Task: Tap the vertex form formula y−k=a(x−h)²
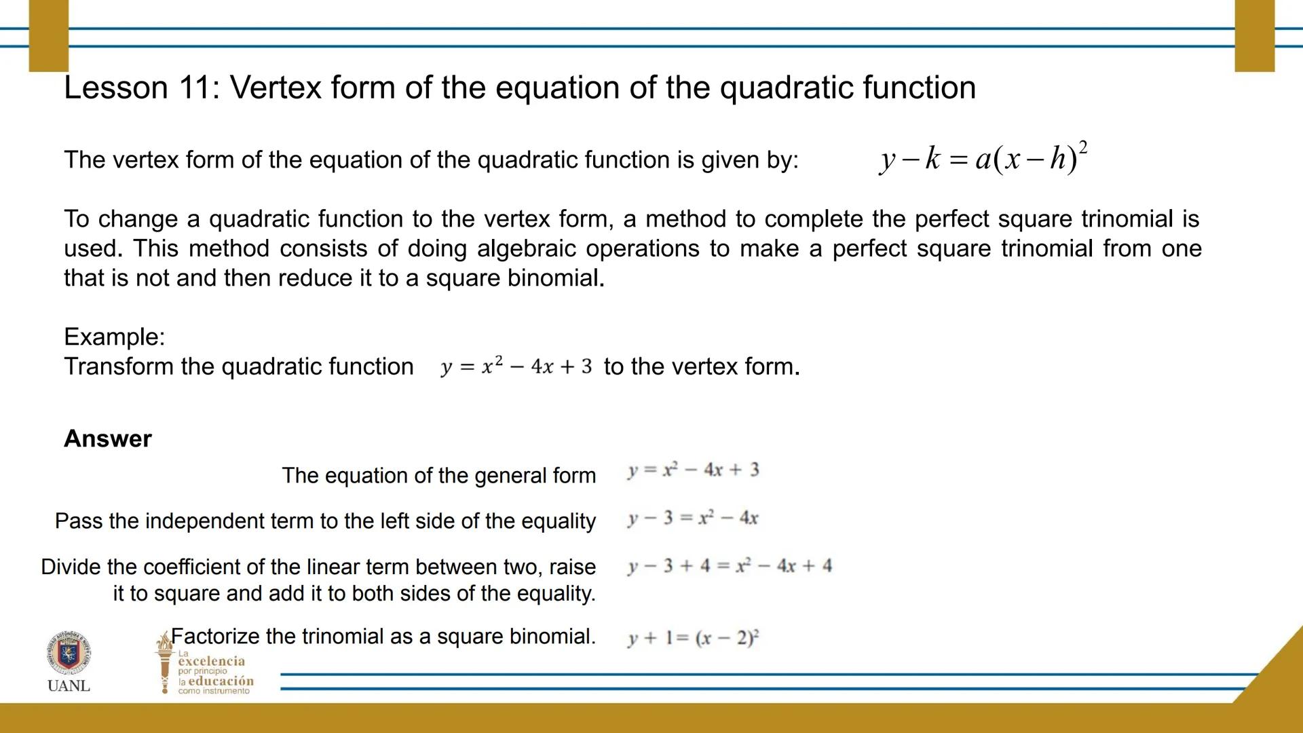983,159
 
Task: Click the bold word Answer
108,438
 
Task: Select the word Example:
115,337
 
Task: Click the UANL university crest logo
69,653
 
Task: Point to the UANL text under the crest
69,685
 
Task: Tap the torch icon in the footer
164,662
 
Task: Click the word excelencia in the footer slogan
211,661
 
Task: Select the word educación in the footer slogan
221,681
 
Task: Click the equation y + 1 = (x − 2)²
694,637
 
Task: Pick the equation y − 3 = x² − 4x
693,519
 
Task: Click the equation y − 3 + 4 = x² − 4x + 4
730,566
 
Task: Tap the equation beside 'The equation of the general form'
694,470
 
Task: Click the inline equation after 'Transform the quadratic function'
516,366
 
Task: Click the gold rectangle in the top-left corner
49,35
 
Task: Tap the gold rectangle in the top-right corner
1255,35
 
